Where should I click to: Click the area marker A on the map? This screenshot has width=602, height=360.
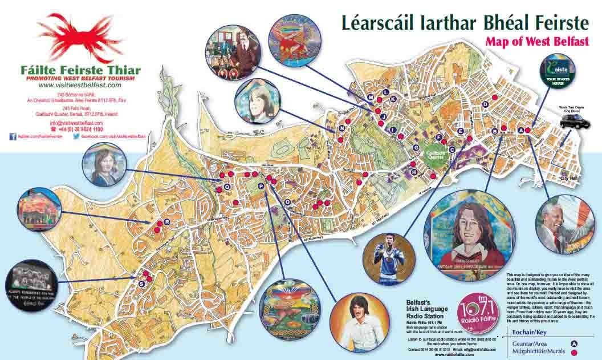point(519,130)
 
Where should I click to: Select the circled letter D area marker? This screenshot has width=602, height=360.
point(485,104)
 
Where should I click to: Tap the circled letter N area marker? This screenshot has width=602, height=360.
point(341,128)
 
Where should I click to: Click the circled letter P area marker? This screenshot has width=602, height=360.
point(261,186)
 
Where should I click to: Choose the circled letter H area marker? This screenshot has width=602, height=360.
point(414,171)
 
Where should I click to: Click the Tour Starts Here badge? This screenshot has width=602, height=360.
point(558,72)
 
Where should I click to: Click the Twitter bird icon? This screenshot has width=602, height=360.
point(75,137)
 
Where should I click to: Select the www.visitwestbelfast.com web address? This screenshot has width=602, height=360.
point(80,84)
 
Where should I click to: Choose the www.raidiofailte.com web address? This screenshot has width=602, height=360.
point(456,354)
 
